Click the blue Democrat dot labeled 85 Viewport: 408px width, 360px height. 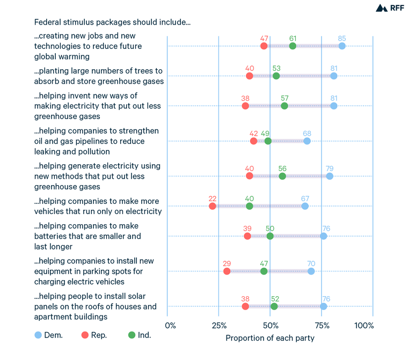[342, 46]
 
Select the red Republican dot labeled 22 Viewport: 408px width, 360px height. [213, 206]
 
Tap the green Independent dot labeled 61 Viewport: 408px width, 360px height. [293, 46]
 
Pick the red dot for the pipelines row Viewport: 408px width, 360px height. [253, 141]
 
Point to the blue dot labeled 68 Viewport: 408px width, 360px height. [307, 141]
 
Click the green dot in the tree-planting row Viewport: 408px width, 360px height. [276, 76]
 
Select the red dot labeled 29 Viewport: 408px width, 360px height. [227, 271]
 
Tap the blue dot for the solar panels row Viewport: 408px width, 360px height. [324, 306]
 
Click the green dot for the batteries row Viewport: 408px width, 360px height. [270, 236]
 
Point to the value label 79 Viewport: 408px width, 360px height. [330, 168]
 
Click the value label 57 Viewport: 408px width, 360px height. [285, 98]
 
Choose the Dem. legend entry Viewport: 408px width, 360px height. [49, 335]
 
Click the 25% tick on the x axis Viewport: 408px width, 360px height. [218, 326]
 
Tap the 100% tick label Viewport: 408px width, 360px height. [364, 326]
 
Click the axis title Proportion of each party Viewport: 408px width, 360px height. [270, 338]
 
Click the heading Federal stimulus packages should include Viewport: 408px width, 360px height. [112, 23]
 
